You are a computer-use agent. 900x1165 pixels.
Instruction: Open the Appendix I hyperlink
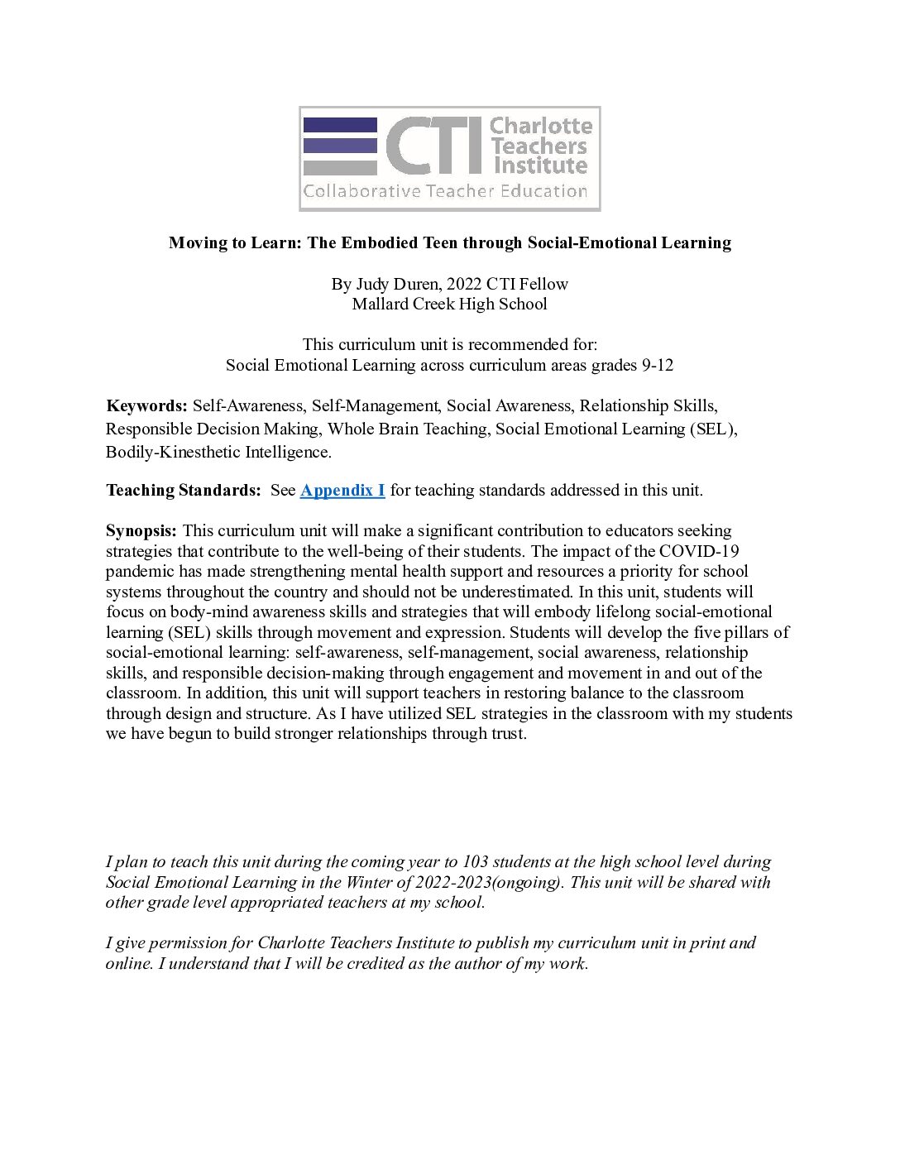tap(342, 491)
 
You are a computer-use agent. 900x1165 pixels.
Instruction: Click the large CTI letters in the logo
tap(433, 146)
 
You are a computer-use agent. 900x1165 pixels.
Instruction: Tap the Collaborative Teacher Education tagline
tap(445, 192)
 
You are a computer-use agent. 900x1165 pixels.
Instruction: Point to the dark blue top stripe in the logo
tap(340, 125)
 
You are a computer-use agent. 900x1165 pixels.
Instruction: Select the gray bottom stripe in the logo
tap(340, 168)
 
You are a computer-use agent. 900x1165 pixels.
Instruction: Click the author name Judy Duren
tap(396, 285)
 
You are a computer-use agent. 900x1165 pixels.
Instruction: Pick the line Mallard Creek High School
tap(449, 304)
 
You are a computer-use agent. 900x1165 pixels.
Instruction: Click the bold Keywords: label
tap(147, 406)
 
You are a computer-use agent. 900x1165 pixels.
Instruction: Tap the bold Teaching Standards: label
tap(183, 491)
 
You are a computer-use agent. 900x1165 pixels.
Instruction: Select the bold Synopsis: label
tap(141, 531)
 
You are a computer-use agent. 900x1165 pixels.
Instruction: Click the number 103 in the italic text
tap(476, 862)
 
